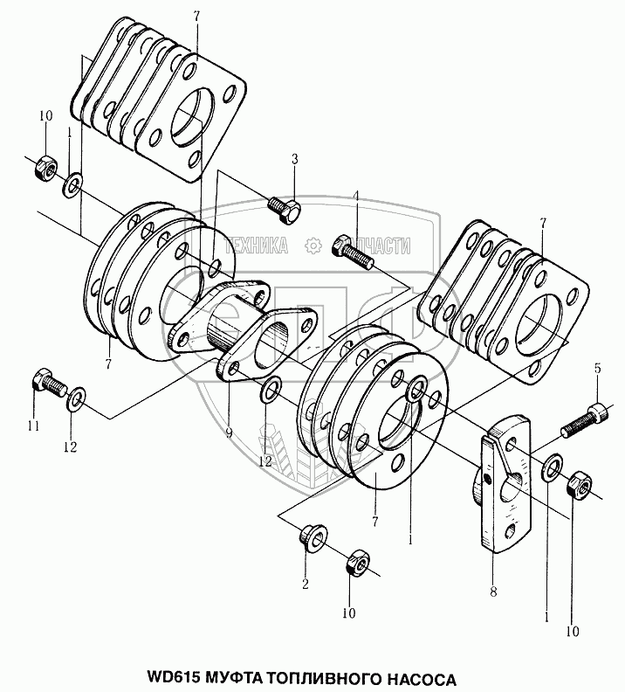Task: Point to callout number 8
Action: click(494, 592)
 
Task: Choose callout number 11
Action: click(33, 426)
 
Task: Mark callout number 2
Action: click(306, 582)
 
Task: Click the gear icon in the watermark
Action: click(310, 246)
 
